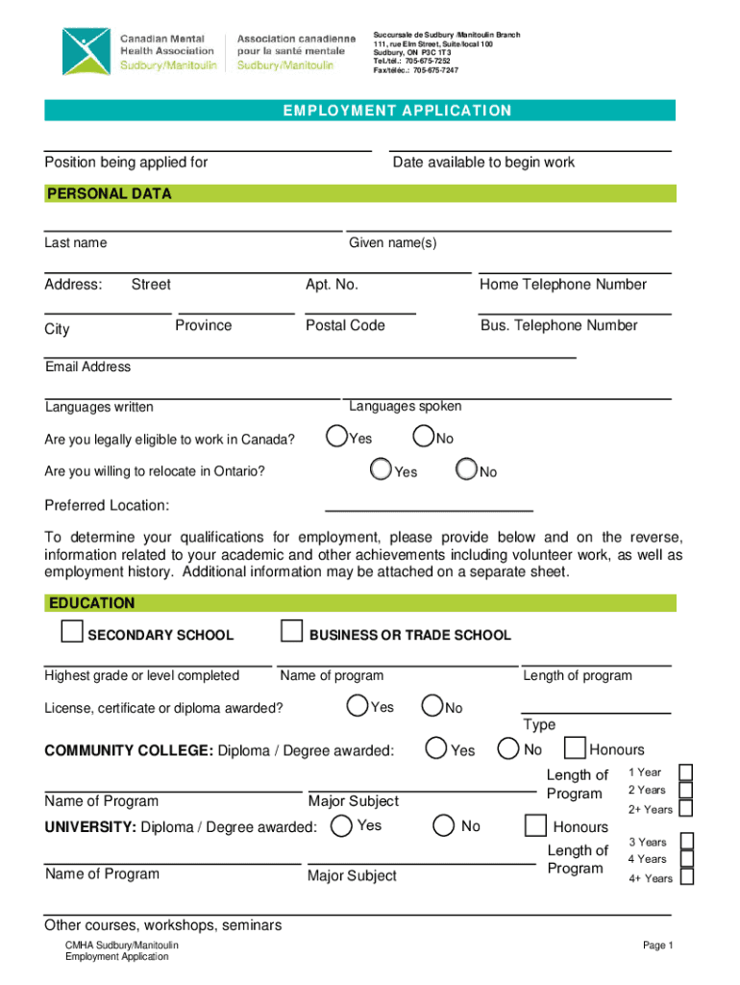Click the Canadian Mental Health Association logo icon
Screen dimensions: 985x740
pyautogui.click(x=86, y=52)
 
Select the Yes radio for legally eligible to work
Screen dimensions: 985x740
pyautogui.click(x=336, y=437)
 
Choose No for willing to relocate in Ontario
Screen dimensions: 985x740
pyautogui.click(x=467, y=469)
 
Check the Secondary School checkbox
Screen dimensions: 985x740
pyautogui.click(x=71, y=632)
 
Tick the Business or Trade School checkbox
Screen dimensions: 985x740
pyautogui.click(x=291, y=632)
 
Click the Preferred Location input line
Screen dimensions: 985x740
pyautogui.click(x=429, y=504)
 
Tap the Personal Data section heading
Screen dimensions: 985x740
pyautogui.click(x=109, y=193)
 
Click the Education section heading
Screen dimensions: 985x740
pyautogui.click(x=90, y=603)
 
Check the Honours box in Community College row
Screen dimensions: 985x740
pyautogui.click(x=575, y=748)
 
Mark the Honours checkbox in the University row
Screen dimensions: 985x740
pyautogui.click(x=535, y=825)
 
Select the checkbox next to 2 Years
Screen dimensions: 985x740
pyautogui.click(x=686, y=790)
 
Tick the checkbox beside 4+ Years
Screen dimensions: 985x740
pyautogui.click(x=686, y=876)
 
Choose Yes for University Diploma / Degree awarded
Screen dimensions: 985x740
pyautogui.click(x=340, y=824)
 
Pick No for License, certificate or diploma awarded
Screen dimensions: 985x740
pyautogui.click(x=432, y=706)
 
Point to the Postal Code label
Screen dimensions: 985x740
pyautogui.click(x=345, y=325)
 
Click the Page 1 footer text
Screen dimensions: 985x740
pyautogui.click(x=658, y=946)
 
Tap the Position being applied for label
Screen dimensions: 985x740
pyautogui.click(x=126, y=162)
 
